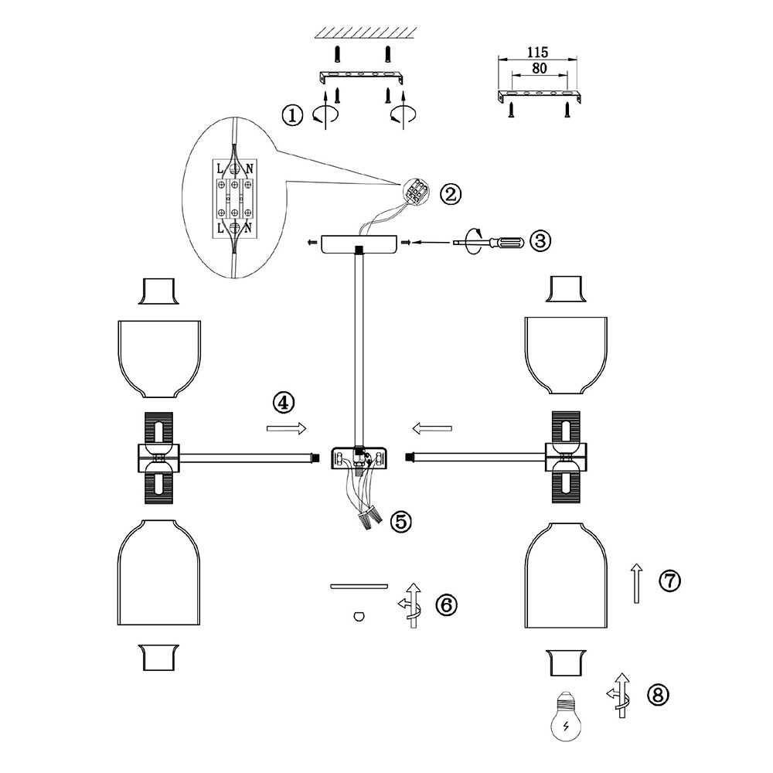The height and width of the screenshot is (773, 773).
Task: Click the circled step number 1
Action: [291, 116]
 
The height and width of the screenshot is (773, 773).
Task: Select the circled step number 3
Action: [540, 240]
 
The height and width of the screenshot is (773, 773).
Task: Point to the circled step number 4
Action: [284, 402]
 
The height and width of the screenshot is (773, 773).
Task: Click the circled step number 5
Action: [400, 521]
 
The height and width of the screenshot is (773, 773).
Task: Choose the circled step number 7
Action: [669, 580]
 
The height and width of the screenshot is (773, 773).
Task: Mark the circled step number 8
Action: [658, 695]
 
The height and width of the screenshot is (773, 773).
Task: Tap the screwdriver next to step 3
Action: [492, 242]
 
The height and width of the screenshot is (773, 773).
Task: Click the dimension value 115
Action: [537, 53]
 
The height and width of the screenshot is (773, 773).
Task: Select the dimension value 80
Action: [540, 68]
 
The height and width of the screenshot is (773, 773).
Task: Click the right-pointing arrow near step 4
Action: [286, 427]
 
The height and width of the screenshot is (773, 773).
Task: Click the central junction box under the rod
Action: [359, 458]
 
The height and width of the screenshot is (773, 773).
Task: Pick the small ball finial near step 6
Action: [357, 616]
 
